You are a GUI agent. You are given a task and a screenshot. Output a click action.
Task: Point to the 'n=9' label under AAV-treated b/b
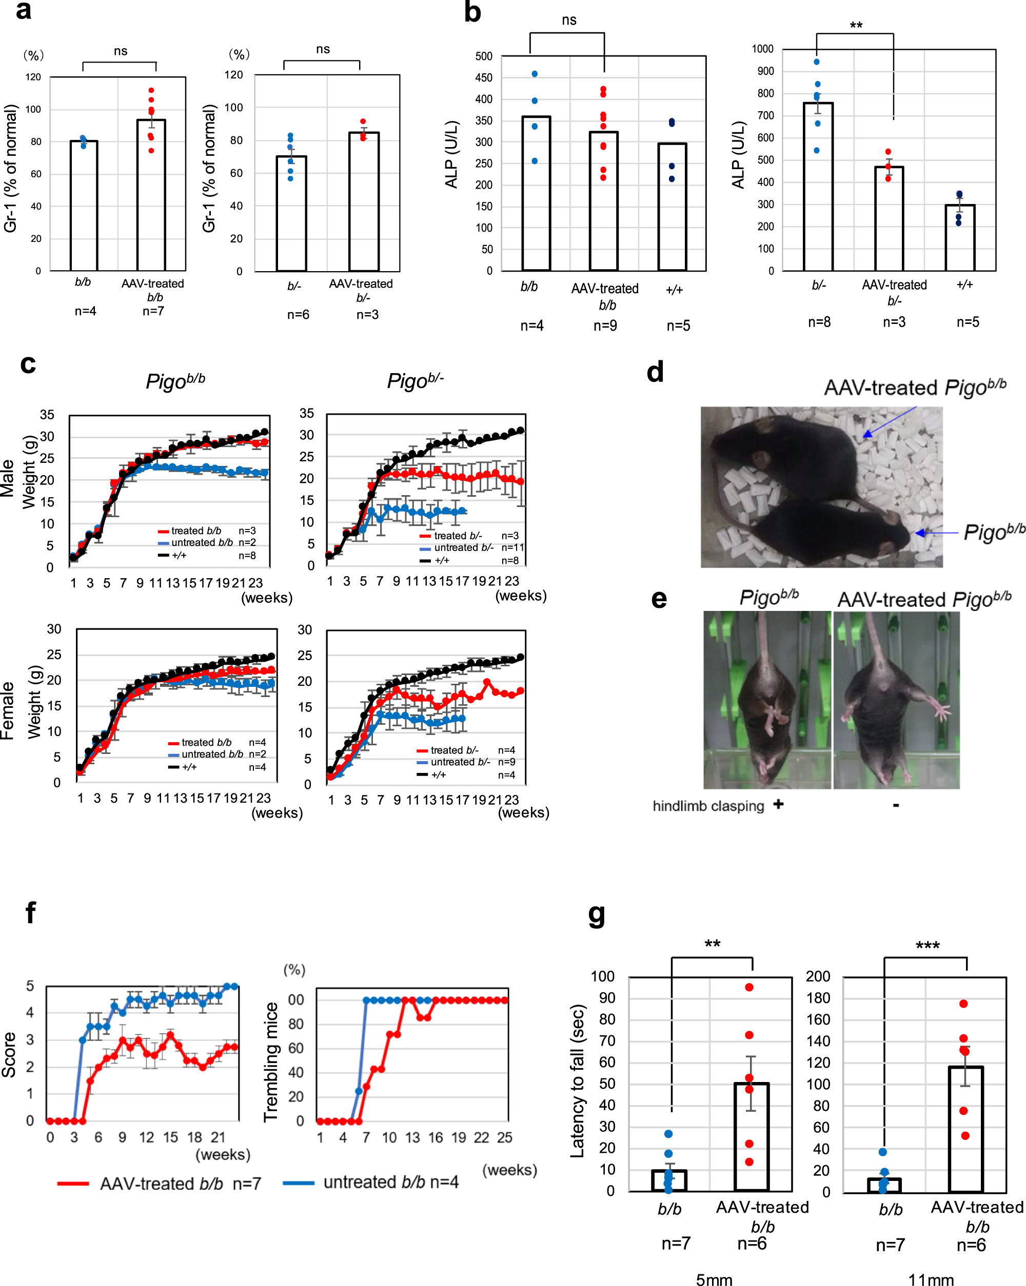tap(605, 325)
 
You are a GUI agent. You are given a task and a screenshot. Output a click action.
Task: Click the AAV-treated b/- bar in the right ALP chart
tap(889, 219)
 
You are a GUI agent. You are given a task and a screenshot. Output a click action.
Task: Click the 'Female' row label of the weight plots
tap(7, 710)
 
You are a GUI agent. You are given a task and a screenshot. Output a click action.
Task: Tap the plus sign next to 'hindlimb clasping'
tap(778, 804)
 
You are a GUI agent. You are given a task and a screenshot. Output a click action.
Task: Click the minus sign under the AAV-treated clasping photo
tap(896, 806)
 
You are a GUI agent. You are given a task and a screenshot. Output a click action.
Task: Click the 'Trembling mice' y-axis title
tap(271, 1062)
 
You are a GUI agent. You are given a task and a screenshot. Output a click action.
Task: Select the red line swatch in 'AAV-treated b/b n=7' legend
tap(73, 1183)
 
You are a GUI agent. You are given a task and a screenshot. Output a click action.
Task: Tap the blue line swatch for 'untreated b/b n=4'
tap(298, 1183)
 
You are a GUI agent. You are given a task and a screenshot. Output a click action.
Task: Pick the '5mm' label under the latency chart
tap(714, 1279)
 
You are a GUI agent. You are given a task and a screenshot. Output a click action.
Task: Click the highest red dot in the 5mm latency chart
tap(749, 987)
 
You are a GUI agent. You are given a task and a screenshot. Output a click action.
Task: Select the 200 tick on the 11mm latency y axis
tap(818, 976)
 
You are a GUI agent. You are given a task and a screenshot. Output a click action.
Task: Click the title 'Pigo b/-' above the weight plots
tap(415, 380)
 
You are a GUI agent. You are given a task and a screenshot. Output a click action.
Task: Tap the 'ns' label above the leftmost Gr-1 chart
tap(121, 51)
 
